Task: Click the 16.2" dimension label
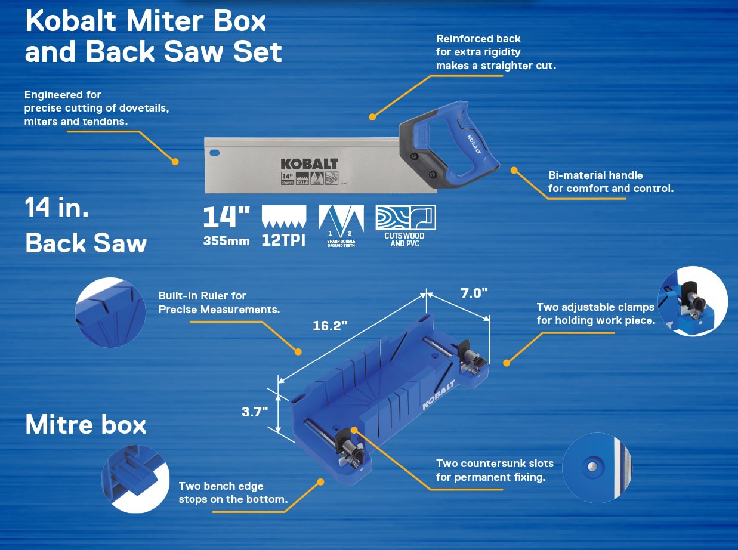click(331, 326)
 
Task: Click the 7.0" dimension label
click(474, 293)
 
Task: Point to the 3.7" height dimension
click(255, 412)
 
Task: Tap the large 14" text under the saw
click(226, 218)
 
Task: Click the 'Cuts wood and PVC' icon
click(405, 218)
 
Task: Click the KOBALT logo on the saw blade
click(309, 164)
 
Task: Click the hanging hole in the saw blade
click(214, 153)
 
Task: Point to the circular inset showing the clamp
click(692, 301)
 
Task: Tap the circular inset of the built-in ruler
click(110, 312)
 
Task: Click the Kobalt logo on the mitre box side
click(439, 395)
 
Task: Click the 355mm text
click(226, 242)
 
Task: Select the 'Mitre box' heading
click(86, 425)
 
